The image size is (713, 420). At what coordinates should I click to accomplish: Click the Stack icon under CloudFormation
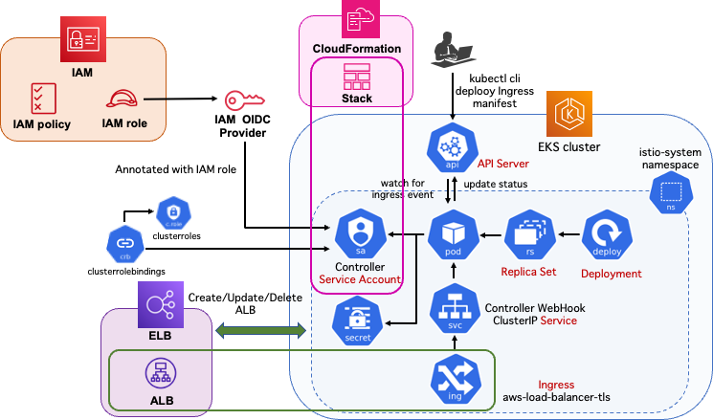tap(357, 76)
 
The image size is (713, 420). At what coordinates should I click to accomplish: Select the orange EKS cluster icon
tap(567, 115)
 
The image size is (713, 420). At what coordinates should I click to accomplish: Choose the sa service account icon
tap(360, 233)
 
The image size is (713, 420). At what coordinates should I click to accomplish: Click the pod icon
tap(452, 232)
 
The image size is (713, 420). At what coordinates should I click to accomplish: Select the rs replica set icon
tap(528, 232)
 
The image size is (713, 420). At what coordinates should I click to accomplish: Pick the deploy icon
tap(606, 233)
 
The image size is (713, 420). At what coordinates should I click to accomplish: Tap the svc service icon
tap(453, 309)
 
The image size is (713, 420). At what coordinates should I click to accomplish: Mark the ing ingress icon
tap(455, 379)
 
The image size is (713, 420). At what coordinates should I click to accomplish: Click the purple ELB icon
tap(158, 305)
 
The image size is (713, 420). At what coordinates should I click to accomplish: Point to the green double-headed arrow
tap(260, 331)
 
